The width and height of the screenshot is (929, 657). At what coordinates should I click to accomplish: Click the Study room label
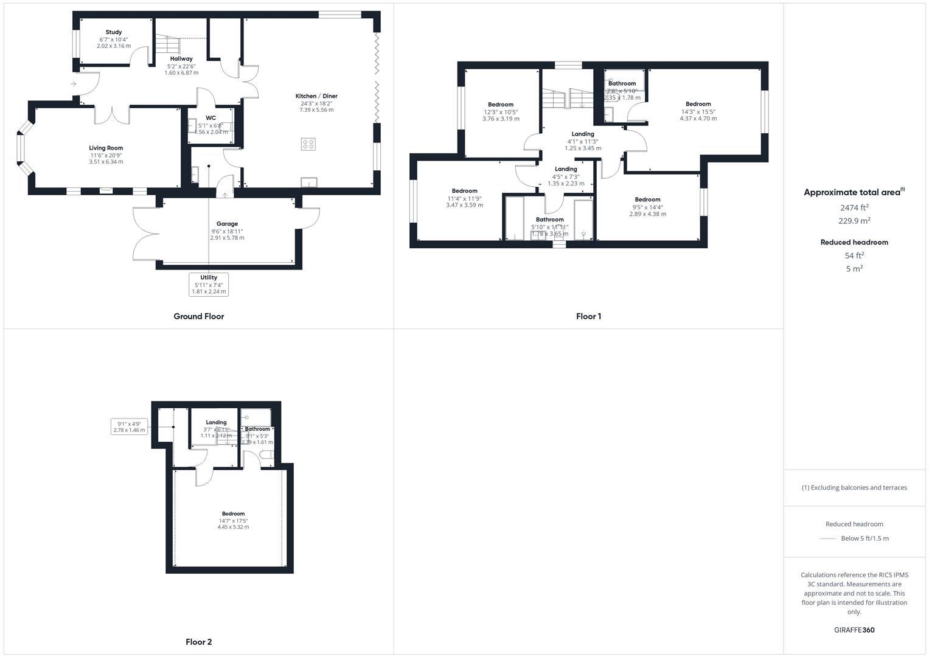(114, 32)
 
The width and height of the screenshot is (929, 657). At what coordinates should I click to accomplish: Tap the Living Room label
(106, 148)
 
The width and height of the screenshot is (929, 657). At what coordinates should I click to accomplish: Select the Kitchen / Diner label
(316, 96)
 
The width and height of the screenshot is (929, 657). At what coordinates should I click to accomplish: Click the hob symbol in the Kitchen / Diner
(308, 144)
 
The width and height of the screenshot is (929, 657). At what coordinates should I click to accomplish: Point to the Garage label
(227, 224)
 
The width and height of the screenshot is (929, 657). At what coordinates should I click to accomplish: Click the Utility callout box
(209, 284)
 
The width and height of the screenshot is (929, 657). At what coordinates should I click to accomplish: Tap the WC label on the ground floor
(211, 118)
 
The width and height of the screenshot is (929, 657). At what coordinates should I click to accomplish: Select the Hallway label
(181, 59)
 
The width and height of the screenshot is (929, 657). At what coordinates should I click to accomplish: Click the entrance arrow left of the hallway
(74, 84)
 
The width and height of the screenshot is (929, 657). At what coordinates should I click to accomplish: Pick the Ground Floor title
(198, 316)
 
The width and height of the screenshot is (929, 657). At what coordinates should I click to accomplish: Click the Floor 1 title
(588, 316)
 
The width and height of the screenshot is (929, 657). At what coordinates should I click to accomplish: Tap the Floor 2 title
(198, 642)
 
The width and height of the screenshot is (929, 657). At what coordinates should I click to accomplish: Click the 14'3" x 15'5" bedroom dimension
(698, 112)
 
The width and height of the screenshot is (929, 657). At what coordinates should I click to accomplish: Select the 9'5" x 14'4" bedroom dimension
(647, 207)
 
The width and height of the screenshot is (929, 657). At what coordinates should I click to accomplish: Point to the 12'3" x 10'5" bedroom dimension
(501, 112)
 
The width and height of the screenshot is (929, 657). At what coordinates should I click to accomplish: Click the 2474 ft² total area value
(854, 207)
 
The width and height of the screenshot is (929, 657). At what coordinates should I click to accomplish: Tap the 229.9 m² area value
(854, 221)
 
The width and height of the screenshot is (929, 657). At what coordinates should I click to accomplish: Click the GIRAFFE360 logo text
(854, 630)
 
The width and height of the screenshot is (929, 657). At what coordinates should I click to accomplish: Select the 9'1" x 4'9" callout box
(129, 427)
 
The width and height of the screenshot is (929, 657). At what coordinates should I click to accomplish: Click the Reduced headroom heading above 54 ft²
(854, 242)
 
